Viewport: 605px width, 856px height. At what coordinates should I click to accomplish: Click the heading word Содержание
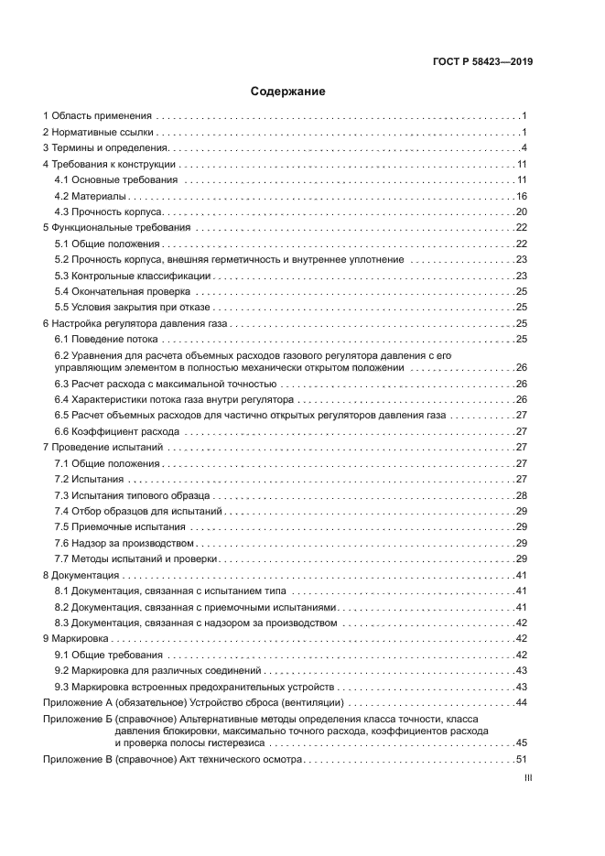point(288,92)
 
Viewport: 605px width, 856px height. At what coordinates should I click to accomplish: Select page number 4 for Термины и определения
point(524,148)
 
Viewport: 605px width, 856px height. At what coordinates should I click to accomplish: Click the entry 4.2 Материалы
point(90,196)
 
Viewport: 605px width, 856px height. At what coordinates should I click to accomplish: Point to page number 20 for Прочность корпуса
point(522,211)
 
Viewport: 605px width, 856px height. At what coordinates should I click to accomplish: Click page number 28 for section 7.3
point(522,495)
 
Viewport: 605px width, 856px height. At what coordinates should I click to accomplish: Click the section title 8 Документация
point(81,575)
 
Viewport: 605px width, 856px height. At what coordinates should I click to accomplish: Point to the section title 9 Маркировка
point(78,638)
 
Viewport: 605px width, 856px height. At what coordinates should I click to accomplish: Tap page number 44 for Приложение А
point(522,702)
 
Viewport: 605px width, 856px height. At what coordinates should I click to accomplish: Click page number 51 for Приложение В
point(522,759)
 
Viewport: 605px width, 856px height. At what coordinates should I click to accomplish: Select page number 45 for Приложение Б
point(522,742)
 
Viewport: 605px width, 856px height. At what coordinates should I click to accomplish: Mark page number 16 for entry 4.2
point(522,196)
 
